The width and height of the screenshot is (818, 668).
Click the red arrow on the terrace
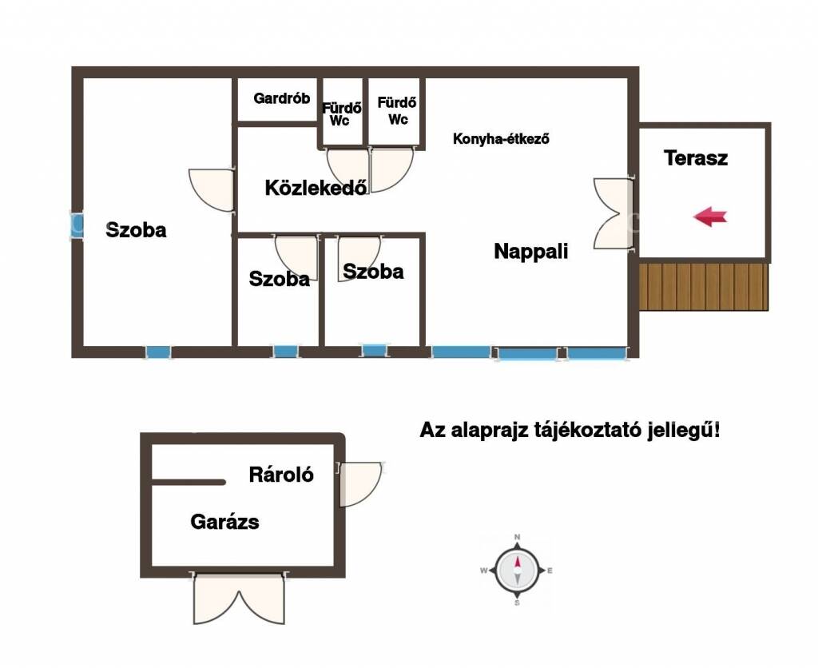click(x=710, y=216)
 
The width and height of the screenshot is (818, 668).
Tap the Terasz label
click(x=696, y=157)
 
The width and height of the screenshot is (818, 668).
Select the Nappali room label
click(x=530, y=251)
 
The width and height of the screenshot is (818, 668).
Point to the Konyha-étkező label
click(x=501, y=139)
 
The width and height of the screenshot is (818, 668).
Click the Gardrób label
click(x=282, y=98)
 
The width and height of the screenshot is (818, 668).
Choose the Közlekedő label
click(x=316, y=187)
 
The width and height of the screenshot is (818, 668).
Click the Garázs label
click(x=224, y=521)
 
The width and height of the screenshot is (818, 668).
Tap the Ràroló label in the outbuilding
click(x=281, y=475)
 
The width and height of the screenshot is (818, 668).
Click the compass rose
click(x=517, y=570)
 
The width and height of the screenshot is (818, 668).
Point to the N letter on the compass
click(x=517, y=537)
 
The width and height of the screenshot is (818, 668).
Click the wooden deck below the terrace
click(x=704, y=287)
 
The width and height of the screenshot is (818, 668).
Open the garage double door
click(x=240, y=598)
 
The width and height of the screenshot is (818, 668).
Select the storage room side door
click(x=360, y=483)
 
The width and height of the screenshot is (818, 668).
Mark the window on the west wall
click(x=77, y=225)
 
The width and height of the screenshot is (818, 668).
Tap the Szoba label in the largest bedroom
click(x=136, y=229)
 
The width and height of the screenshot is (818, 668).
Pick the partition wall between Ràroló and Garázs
click(x=189, y=482)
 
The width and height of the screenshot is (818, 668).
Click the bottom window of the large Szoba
click(x=158, y=352)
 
